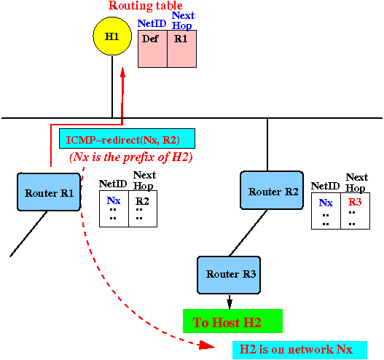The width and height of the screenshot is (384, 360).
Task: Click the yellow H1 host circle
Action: pos(112,36)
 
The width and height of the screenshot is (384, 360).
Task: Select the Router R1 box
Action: pos(49,192)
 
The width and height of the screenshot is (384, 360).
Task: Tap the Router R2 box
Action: pos(272,190)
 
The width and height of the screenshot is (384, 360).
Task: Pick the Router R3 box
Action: pos(229,275)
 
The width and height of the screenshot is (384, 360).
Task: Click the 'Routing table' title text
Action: pos(146,5)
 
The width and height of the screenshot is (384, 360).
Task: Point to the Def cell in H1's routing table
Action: pos(152,49)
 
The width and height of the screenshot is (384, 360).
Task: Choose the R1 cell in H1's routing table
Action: pos(181,49)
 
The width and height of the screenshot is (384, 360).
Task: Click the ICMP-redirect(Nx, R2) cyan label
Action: pos(127,138)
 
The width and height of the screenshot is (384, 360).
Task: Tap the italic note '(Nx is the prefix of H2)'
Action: pos(131,157)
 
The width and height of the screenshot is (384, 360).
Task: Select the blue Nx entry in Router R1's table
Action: pos(114,200)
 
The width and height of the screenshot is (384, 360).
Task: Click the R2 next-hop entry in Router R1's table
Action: pos(142,201)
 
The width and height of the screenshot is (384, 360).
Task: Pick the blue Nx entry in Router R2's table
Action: pos(326,203)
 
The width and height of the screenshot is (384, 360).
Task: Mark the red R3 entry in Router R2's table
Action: pos(355,202)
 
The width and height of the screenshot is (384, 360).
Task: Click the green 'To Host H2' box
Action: pos(232,321)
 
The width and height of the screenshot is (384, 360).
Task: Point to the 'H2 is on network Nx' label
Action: pos(299,350)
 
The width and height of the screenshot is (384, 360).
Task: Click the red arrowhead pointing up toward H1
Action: pos(122,72)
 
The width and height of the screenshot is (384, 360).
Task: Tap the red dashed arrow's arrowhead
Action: pos(207,345)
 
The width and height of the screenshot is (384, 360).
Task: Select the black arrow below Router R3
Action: pos(230,302)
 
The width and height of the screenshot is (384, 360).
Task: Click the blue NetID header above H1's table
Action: pos(152,23)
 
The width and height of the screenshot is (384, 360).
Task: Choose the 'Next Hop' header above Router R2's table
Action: pos(356,183)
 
